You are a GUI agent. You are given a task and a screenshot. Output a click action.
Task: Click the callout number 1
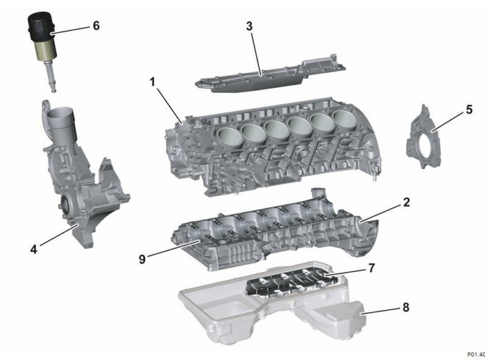[x=152, y=81]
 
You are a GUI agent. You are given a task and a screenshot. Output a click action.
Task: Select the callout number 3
[x=250, y=26]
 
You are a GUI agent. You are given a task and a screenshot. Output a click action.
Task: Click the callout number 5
[x=469, y=109]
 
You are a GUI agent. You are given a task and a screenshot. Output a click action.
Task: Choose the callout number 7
[x=371, y=268]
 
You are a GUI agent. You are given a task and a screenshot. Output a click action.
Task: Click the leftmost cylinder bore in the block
[x=227, y=133]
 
